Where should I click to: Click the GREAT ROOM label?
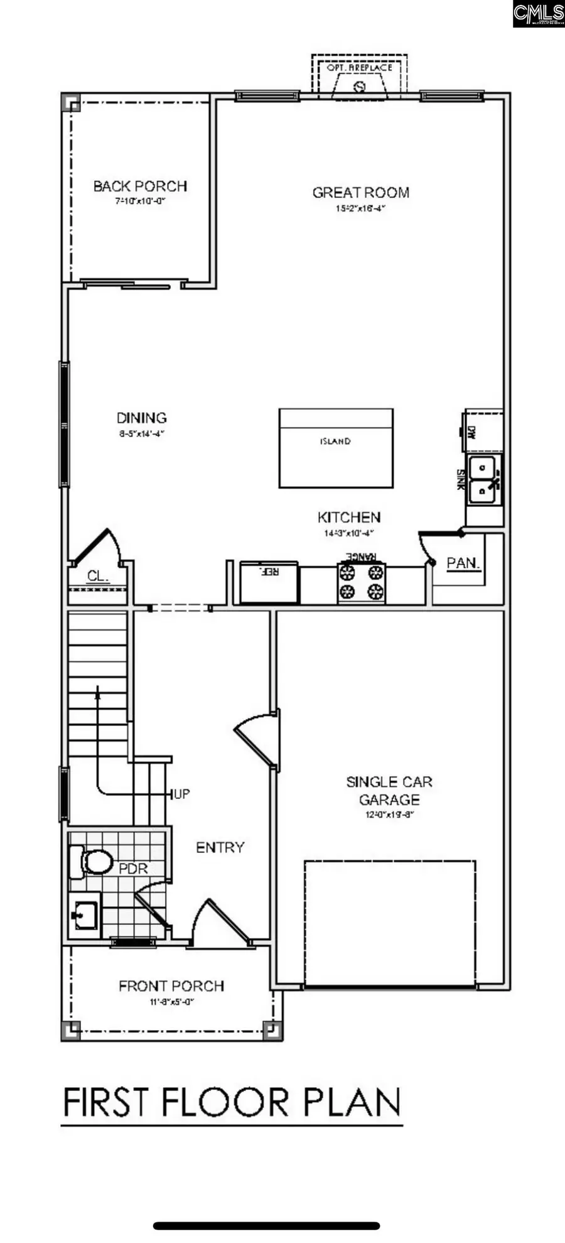[x=360, y=193]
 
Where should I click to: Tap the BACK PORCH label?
[x=140, y=187]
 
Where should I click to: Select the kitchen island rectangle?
[x=336, y=448]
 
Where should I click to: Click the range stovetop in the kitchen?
[x=361, y=582]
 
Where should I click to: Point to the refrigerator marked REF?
[x=269, y=582]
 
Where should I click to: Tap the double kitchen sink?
[x=484, y=479]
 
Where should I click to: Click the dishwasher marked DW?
[x=482, y=432]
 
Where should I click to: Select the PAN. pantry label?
[x=463, y=563]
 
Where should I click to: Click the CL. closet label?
[x=97, y=576]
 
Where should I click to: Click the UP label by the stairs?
[x=181, y=794]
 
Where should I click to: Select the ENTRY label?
[x=220, y=847]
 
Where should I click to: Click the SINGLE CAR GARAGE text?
[x=389, y=791]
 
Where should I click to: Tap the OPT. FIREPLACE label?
[x=360, y=67]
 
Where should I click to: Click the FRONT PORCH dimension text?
[x=171, y=1002]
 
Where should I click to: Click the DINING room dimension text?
[x=141, y=433]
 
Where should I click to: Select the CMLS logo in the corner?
[x=538, y=14]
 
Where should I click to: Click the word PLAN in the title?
[x=352, y=1102]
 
